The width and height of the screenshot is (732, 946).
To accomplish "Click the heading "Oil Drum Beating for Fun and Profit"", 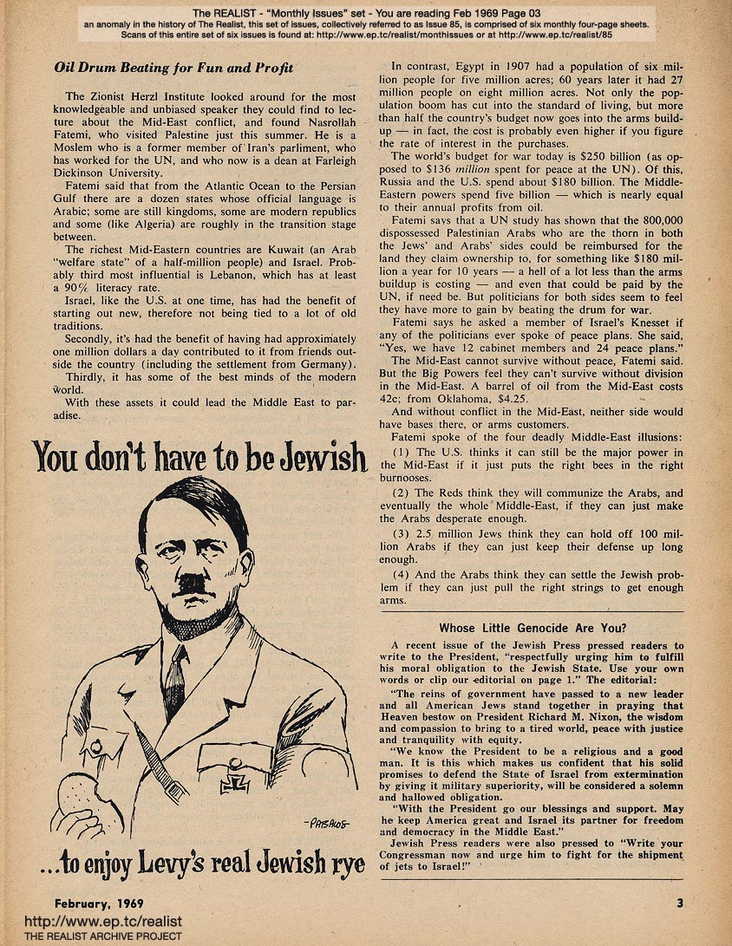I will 173,68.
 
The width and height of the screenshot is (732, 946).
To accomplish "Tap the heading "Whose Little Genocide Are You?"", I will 533,628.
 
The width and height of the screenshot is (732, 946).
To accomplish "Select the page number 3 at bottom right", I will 680,903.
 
